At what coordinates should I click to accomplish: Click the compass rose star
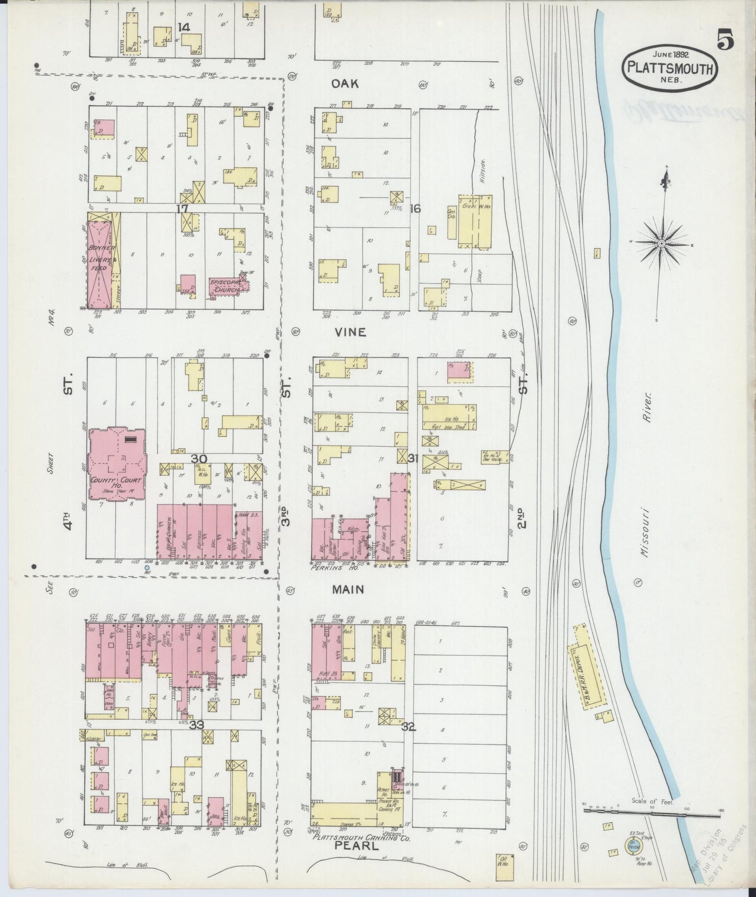(661, 243)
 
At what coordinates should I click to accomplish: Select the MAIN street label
(348, 589)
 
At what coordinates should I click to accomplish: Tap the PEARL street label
(349, 859)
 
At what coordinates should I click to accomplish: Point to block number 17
(182, 209)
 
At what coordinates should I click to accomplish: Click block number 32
(409, 726)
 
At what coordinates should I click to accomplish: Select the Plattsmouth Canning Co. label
(361, 852)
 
